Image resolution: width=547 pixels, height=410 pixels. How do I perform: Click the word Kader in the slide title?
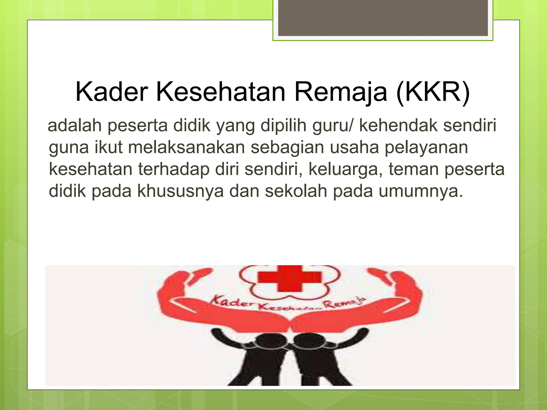click(x=112, y=92)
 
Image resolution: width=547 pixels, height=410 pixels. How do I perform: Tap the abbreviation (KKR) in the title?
click(x=433, y=92)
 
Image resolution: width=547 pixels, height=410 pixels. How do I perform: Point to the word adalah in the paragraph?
click(x=75, y=125)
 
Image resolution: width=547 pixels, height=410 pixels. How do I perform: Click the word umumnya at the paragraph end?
click(x=420, y=191)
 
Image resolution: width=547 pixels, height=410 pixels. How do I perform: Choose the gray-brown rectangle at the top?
click(x=383, y=18)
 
